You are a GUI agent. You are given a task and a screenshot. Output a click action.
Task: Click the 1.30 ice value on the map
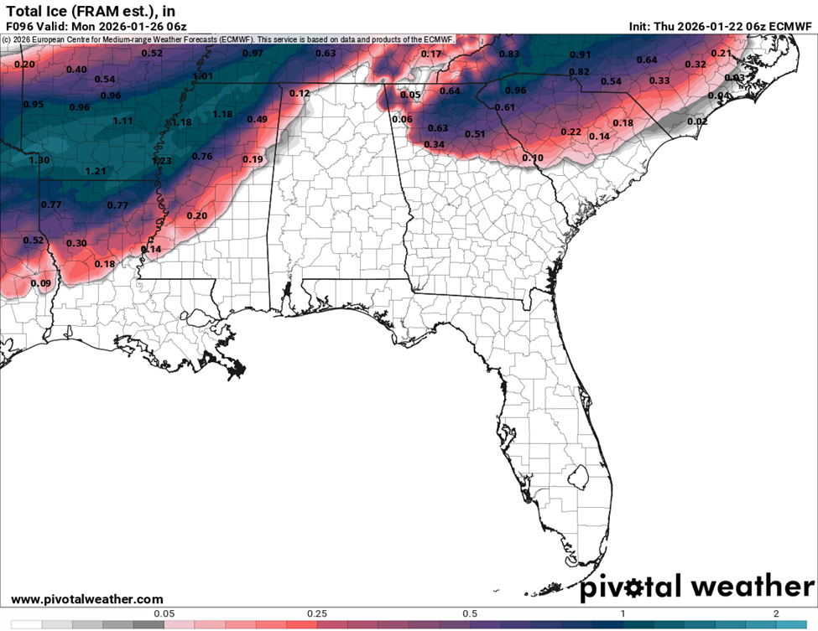pos(39,160)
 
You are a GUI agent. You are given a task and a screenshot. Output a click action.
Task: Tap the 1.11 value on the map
pos(123,121)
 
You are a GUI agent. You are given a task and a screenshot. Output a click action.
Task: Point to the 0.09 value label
pos(40,283)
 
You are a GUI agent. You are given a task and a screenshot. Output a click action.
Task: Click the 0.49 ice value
pos(257,119)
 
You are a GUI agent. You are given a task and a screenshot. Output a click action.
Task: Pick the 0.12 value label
pos(300,93)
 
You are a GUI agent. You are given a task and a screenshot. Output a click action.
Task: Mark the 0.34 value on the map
pos(434,144)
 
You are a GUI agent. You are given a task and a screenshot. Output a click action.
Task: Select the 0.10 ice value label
pos(533,158)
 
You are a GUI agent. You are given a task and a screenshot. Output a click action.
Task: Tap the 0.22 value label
pos(571,132)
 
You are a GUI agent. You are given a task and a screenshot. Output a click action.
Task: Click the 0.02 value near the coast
pos(697,122)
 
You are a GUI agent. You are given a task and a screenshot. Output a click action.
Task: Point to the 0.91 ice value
pos(580,55)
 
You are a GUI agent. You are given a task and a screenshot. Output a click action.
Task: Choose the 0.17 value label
pos(430,54)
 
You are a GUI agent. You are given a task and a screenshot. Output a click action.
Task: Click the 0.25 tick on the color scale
pos(317,613)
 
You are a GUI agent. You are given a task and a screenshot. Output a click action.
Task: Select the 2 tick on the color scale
pos(776,613)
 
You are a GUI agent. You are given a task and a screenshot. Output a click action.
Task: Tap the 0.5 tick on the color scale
pos(470,613)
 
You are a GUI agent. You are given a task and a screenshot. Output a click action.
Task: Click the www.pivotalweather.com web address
pos(87,599)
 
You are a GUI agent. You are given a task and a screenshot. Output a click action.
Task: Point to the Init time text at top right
pos(721,27)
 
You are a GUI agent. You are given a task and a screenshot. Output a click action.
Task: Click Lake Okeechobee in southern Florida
pos(576,478)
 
